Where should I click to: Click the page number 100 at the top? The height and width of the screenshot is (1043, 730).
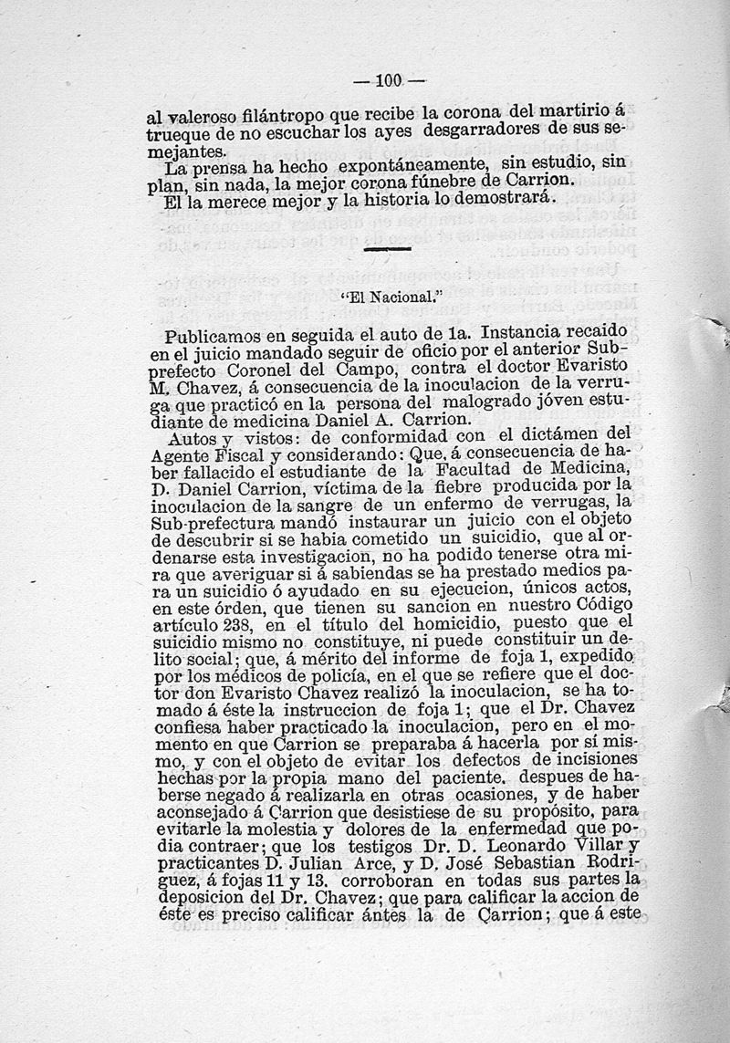[x=388, y=80]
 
